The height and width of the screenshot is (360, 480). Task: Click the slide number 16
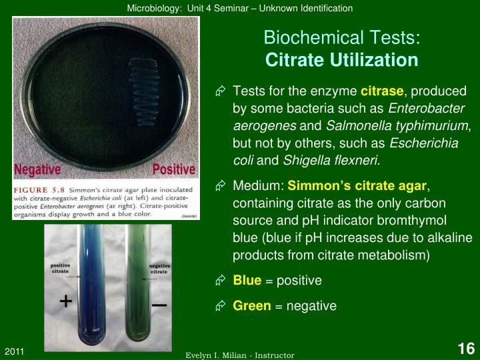click(465, 348)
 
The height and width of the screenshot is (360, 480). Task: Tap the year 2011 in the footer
click(15, 351)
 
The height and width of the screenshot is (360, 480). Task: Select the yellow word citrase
click(382, 91)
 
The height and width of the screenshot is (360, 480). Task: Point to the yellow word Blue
click(247, 281)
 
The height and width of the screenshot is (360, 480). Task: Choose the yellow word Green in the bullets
click(252, 305)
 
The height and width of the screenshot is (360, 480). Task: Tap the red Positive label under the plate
click(173, 169)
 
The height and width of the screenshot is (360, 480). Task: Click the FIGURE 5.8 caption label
click(40, 189)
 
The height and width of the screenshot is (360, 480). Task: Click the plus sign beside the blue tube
click(65, 301)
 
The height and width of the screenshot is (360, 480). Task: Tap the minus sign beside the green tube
click(159, 304)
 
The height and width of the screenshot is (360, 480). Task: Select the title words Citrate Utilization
click(341, 60)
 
